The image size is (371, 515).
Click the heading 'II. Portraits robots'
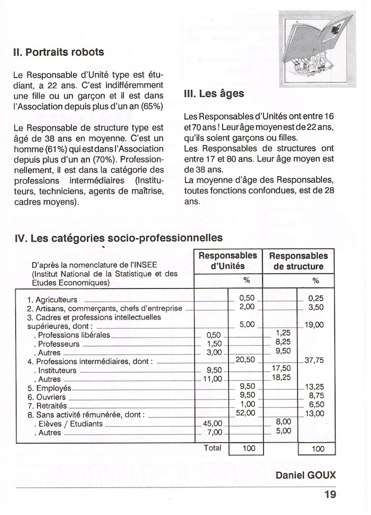click(58, 52)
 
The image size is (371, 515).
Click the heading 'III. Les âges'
click(213, 94)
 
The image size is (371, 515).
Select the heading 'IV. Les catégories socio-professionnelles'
click(118, 238)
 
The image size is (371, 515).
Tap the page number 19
click(330, 495)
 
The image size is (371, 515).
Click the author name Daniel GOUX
click(306, 475)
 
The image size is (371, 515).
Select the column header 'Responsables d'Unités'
click(228, 261)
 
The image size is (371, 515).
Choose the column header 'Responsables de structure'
click(298, 261)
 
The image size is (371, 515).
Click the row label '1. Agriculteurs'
click(52, 299)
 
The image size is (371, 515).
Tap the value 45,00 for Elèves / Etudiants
click(212, 424)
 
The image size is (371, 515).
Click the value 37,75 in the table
click(314, 360)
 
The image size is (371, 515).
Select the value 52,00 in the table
click(245, 413)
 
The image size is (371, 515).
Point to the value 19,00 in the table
click(314, 325)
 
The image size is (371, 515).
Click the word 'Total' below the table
click(212, 448)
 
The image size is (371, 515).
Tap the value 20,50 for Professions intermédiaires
click(245, 360)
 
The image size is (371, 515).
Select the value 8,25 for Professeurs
click(283, 342)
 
